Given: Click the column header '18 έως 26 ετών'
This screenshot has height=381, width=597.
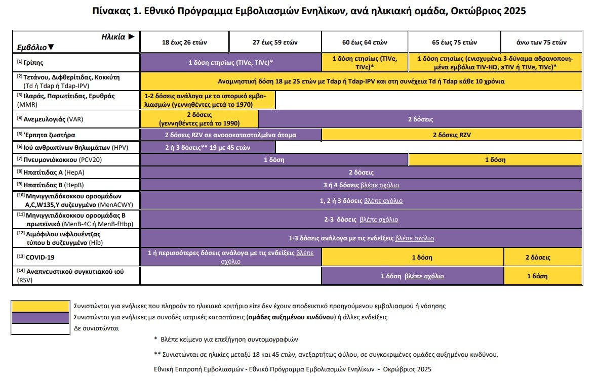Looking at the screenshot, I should coord(185,42).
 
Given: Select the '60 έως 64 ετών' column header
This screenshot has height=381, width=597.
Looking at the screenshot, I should coord(365,42).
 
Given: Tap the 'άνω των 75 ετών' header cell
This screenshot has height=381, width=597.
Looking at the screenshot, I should coord(541,42).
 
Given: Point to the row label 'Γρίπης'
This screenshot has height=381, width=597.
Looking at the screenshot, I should coord(33,63).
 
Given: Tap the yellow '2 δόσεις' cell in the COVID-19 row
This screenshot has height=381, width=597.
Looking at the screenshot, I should coord(537,257).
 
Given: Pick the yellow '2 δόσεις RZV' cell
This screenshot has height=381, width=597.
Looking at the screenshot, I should coord(452,135).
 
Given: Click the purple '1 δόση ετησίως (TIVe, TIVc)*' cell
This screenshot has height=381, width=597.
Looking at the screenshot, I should coord(231,63).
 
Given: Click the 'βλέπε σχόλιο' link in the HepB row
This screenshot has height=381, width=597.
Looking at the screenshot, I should coord(379,185).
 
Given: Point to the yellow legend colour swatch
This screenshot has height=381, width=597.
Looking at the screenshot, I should coord(40,306).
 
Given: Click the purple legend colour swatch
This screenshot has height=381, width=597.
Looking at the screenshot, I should coord(40,317).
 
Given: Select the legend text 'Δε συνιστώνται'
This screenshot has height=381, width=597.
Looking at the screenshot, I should coord(97,328).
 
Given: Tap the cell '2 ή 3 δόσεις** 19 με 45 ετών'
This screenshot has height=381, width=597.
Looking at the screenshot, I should coord(208,147).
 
